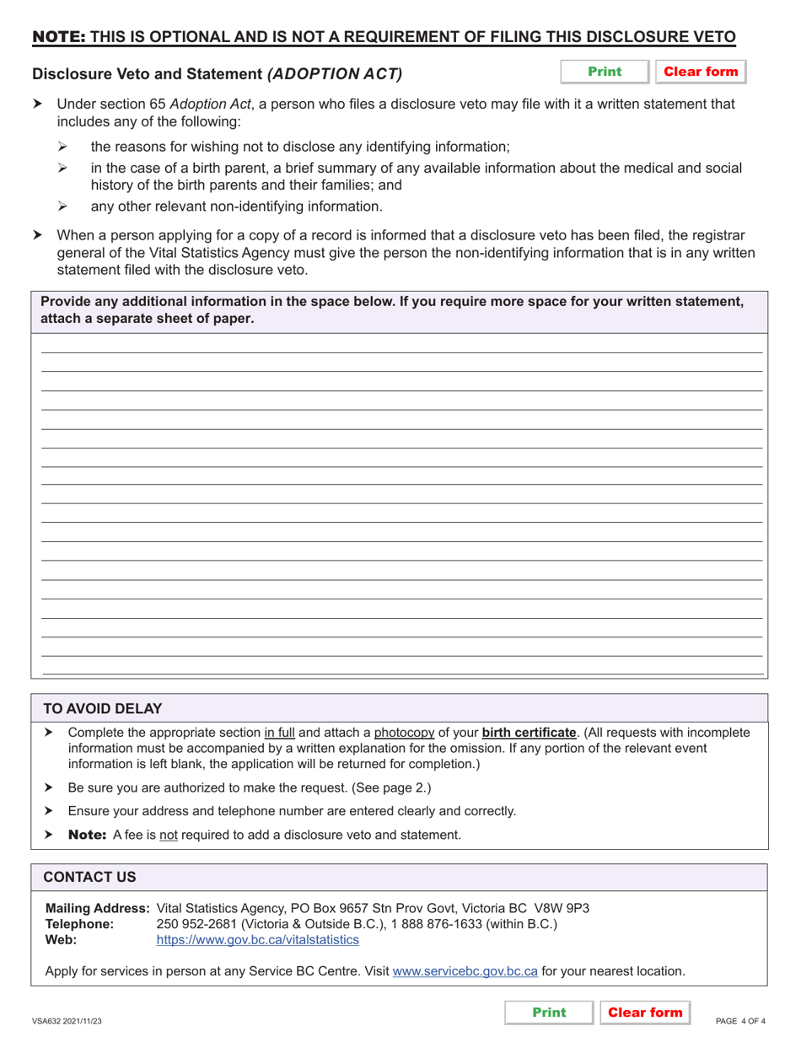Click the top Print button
[605, 72]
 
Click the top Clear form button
[701, 72]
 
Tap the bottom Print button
[549, 1012]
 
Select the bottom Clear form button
[645, 1012]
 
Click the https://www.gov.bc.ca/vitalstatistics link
[257, 939]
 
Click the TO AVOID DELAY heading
[103, 708]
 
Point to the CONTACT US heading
[89, 877]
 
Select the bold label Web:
[60, 939]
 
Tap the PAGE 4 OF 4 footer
[740, 1021]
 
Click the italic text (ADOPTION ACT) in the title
[335, 74]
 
